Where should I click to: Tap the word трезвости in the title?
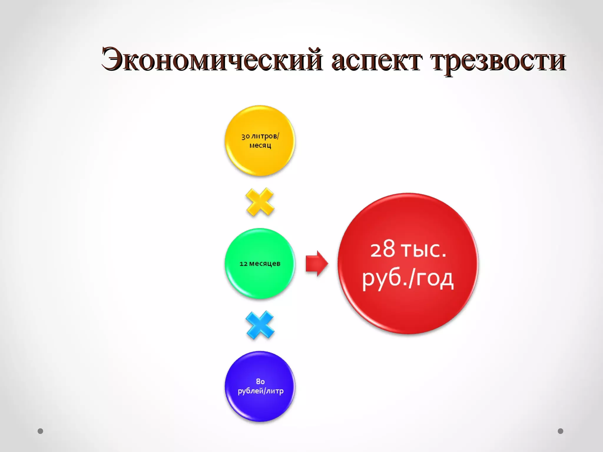click(x=498, y=60)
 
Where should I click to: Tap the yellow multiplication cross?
click(x=260, y=202)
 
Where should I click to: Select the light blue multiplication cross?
click(x=260, y=325)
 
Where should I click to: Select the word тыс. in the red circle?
click(x=424, y=250)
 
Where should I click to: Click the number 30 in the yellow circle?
click(x=246, y=137)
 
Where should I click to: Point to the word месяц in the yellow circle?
click(x=260, y=145)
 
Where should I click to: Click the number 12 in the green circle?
click(x=243, y=264)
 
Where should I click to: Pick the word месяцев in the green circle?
click(x=265, y=264)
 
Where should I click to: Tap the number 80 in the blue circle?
click(x=260, y=382)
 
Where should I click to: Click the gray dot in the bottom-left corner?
click(x=40, y=431)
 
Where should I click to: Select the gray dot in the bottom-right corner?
click(x=561, y=431)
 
